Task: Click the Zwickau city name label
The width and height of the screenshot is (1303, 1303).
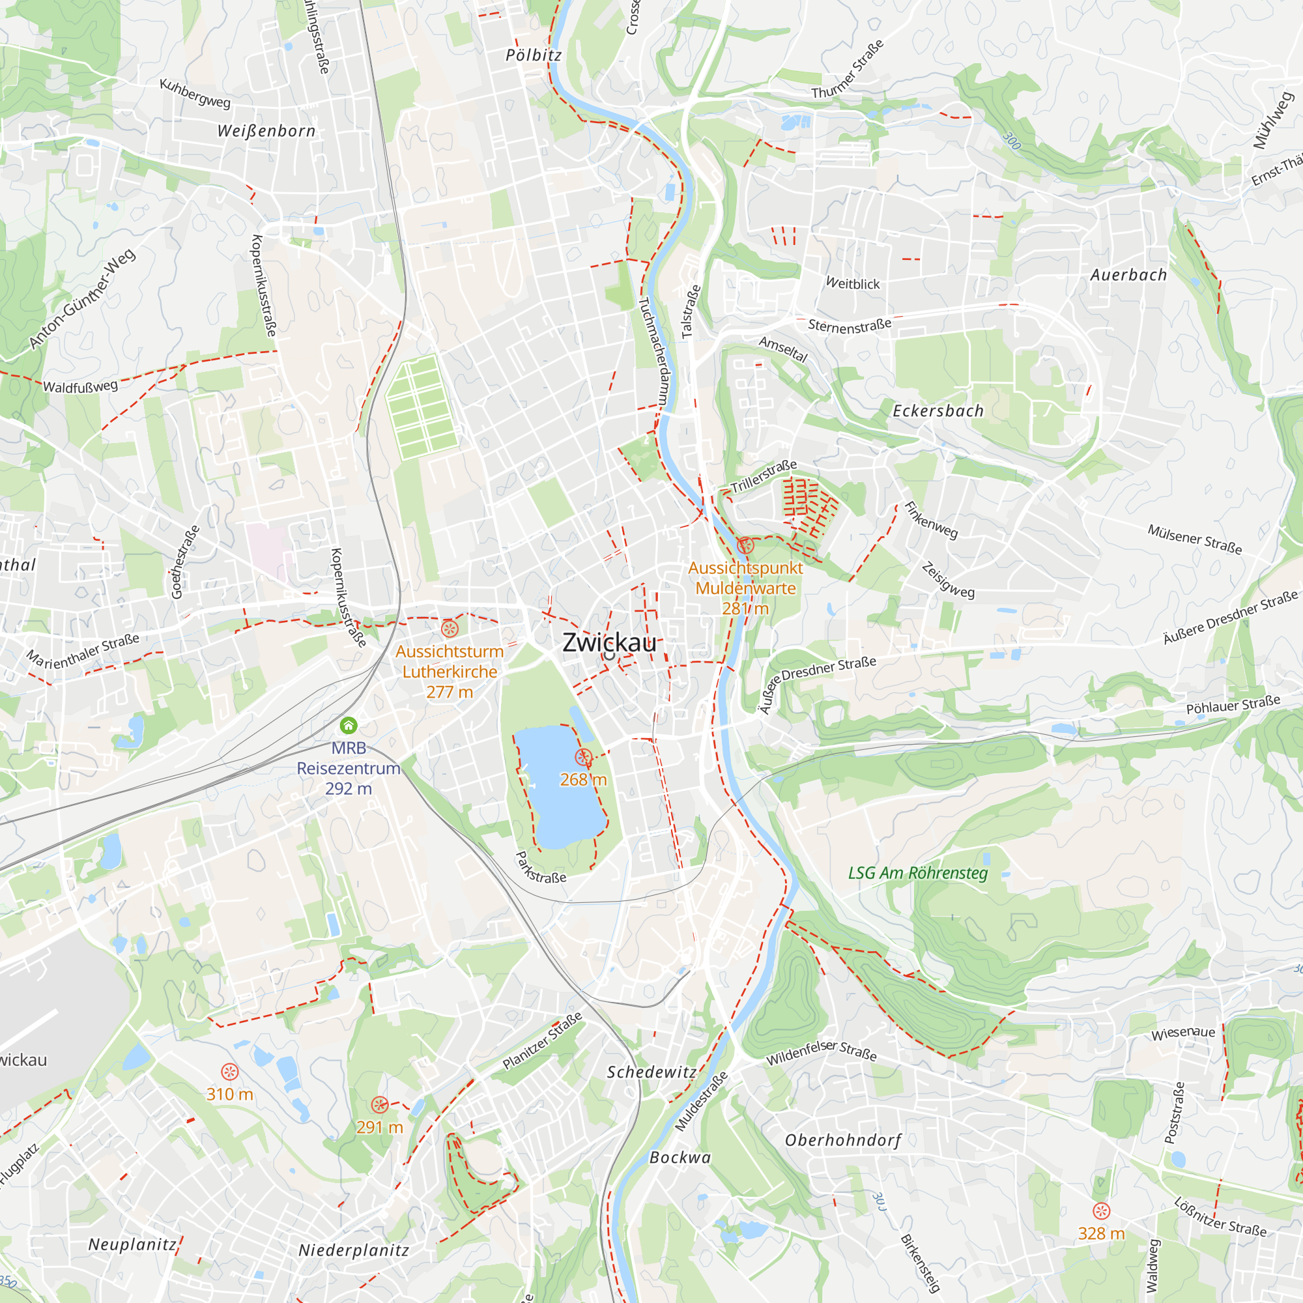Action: pos(609,643)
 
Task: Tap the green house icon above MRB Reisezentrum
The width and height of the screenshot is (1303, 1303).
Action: pos(349,726)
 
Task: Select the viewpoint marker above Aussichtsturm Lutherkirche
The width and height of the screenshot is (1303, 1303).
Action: pos(450,629)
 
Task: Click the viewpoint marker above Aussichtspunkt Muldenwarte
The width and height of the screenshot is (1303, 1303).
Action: pos(745,545)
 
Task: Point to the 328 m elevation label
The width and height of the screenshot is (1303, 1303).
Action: pos(1101,1233)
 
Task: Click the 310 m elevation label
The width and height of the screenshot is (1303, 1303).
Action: pos(230,1094)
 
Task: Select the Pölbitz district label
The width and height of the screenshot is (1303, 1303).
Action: pos(534,55)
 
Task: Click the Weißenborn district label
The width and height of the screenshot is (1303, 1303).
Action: pos(266,132)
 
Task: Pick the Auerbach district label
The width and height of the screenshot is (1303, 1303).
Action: pos(1129,275)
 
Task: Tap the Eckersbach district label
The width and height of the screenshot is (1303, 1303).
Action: pos(938,410)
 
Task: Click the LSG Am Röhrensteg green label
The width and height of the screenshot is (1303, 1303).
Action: pos(918,873)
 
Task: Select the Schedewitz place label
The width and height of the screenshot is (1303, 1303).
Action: pos(651,1072)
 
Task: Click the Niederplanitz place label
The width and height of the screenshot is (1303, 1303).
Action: pos(354,1250)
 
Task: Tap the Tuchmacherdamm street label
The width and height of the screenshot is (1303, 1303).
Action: pos(653,351)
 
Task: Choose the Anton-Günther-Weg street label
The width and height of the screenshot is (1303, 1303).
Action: pos(82,299)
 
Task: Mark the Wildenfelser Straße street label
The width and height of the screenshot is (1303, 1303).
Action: pos(822,1051)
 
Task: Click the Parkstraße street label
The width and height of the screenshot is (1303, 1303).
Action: pos(541,867)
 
